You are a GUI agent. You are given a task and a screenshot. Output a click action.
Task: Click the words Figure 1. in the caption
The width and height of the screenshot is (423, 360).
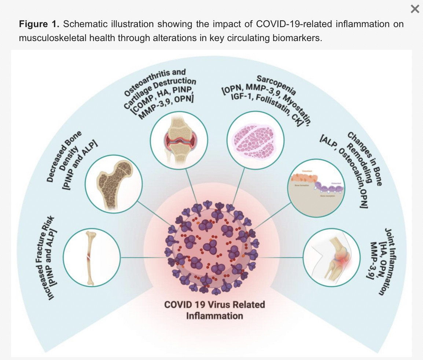coord(39,25)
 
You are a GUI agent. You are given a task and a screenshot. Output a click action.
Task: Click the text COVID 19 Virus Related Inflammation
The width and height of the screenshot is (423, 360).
coord(214,310)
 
